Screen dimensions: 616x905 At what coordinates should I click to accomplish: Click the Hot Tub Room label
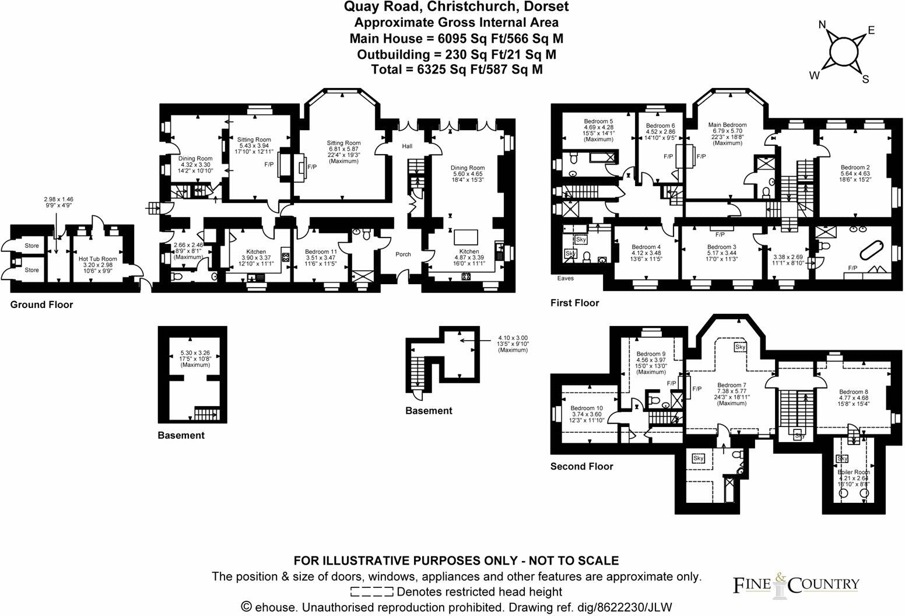pyautogui.click(x=97, y=258)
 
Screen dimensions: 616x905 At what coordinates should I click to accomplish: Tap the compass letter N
pyautogui.click(x=822, y=24)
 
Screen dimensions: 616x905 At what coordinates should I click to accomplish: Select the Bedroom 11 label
pyautogui.click(x=321, y=251)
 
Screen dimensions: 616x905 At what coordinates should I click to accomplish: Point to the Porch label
pyautogui.click(x=403, y=254)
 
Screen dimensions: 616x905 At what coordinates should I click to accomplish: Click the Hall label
pyautogui.click(x=407, y=146)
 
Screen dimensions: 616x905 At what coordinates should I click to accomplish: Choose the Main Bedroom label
pyautogui.click(x=727, y=125)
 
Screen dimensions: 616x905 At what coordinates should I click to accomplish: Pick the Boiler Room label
pyautogui.click(x=854, y=472)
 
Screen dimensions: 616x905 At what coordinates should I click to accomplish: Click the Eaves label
pyautogui.click(x=566, y=278)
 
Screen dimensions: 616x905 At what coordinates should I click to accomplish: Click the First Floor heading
pyautogui.click(x=574, y=303)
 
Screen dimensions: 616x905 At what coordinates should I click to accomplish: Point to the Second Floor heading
pyautogui.click(x=581, y=466)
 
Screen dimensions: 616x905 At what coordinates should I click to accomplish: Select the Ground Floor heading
pyautogui.click(x=41, y=304)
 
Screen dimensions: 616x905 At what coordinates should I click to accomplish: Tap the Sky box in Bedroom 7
pyautogui.click(x=740, y=347)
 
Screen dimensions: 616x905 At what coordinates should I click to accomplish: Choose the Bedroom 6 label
pyautogui.click(x=660, y=126)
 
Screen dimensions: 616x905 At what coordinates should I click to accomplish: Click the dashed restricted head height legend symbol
pyautogui.click(x=373, y=592)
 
